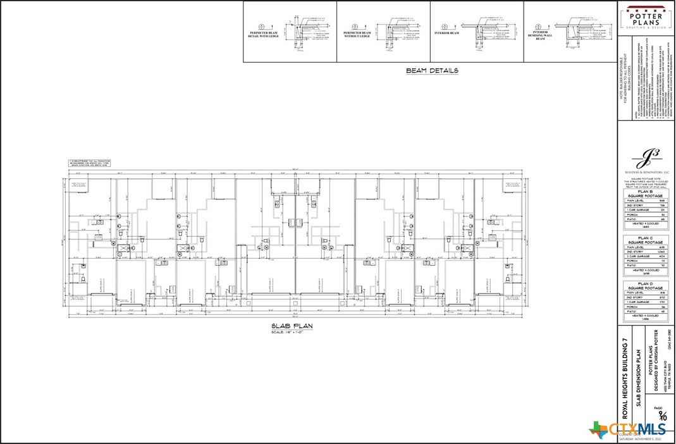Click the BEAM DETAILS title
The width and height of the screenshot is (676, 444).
432,71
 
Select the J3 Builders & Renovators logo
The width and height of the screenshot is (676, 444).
645,159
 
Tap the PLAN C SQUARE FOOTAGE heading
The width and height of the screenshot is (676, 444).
645,240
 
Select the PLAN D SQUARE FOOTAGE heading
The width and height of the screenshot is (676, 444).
645,286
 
